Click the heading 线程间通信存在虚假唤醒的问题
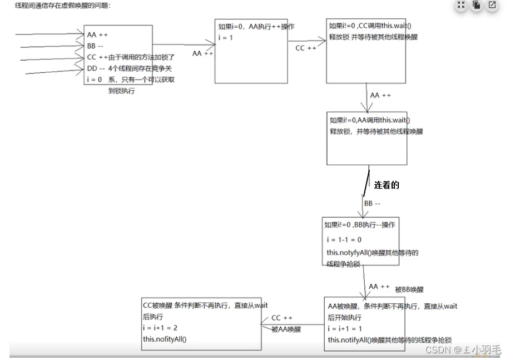point(55,6)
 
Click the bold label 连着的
point(387,185)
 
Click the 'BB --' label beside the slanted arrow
point(372,204)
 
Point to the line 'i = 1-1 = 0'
point(344,239)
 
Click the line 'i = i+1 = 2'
point(160,328)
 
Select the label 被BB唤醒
point(409,289)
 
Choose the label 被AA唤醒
point(286,329)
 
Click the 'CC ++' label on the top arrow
point(305,48)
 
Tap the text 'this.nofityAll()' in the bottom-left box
point(165,338)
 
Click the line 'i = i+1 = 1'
point(345,328)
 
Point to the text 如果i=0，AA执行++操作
point(256,27)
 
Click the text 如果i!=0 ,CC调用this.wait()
point(371,26)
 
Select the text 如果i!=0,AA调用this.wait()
point(369,120)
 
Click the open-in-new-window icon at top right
point(492,6)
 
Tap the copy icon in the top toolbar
point(477,6)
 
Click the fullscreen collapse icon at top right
point(461,6)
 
